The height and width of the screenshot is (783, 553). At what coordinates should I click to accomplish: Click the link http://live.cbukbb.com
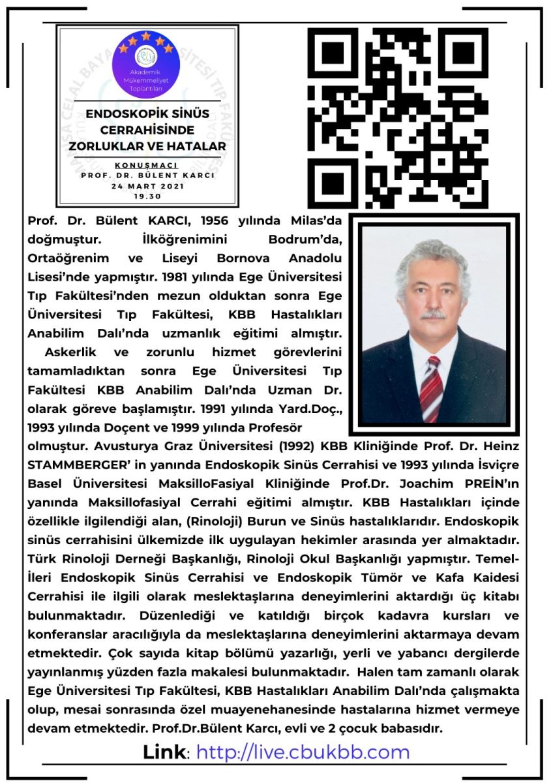[x=303, y=752]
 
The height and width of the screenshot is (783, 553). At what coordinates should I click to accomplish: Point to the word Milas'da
[x=318, y=220]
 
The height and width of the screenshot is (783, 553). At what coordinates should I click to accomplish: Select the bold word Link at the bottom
[x=164, y=752]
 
